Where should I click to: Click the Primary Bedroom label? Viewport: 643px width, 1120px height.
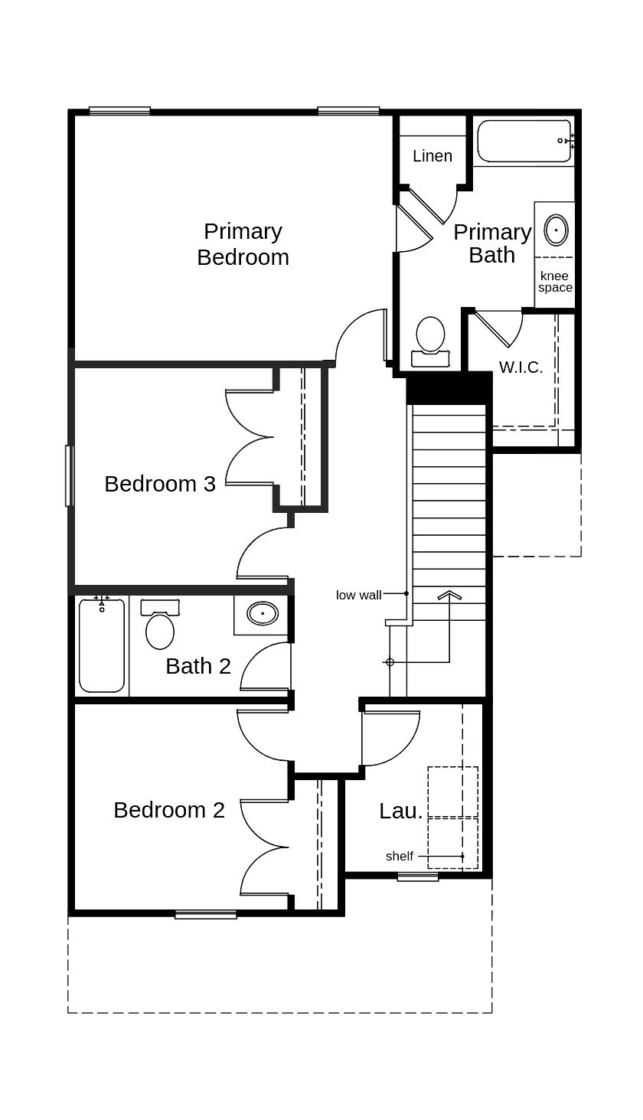(243, 243)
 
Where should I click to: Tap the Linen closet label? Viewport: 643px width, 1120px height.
(432, 156)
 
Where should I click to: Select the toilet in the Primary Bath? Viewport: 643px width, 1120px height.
(430, 341)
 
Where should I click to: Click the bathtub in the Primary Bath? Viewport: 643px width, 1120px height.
(524, 141)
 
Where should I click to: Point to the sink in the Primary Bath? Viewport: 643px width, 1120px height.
(556, 230)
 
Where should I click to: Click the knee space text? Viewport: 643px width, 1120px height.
(555, 282)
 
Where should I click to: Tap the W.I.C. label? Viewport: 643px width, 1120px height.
(521, 367)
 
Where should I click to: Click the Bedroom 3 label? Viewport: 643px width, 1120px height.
(159, 484)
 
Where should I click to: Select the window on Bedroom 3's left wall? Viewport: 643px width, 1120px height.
(69, 475)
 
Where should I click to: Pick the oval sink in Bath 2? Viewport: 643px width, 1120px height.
(263, 613)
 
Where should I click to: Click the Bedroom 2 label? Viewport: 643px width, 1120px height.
(168, 810)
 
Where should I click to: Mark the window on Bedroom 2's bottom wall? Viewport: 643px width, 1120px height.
(205, 914)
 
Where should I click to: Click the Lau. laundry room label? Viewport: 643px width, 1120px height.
(400, 811)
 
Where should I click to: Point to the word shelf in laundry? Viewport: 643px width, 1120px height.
(399, 856)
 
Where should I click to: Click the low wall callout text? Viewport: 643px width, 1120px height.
(358, 595)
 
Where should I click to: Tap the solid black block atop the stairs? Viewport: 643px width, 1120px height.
(449, 389)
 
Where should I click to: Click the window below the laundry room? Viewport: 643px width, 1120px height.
(418, 877)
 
